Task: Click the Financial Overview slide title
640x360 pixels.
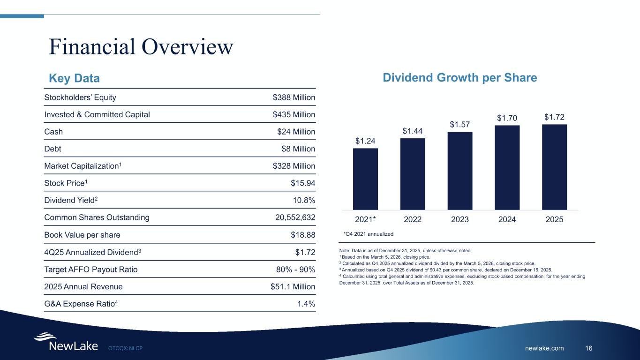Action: point(141,46)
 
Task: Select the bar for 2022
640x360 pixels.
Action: point(413,174)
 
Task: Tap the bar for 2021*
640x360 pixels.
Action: point(365,179)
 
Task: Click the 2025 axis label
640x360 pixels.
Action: point(554,219)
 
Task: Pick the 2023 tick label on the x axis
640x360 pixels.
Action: point(460,219)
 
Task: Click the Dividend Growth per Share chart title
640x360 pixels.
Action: point(459,78)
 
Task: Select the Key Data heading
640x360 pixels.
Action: point(75,78)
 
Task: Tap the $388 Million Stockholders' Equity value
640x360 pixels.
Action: point(294,97)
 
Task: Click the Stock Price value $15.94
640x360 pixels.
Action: point(303,183)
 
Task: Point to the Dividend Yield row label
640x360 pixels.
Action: point(71,200)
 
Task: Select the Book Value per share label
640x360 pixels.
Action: point(82,235)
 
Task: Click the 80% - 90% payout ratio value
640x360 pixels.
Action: point(296,270)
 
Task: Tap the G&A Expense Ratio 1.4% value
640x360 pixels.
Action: point(306,304)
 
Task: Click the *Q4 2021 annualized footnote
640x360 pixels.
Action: point(366,233)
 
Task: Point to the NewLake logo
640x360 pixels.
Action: point(66,342)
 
